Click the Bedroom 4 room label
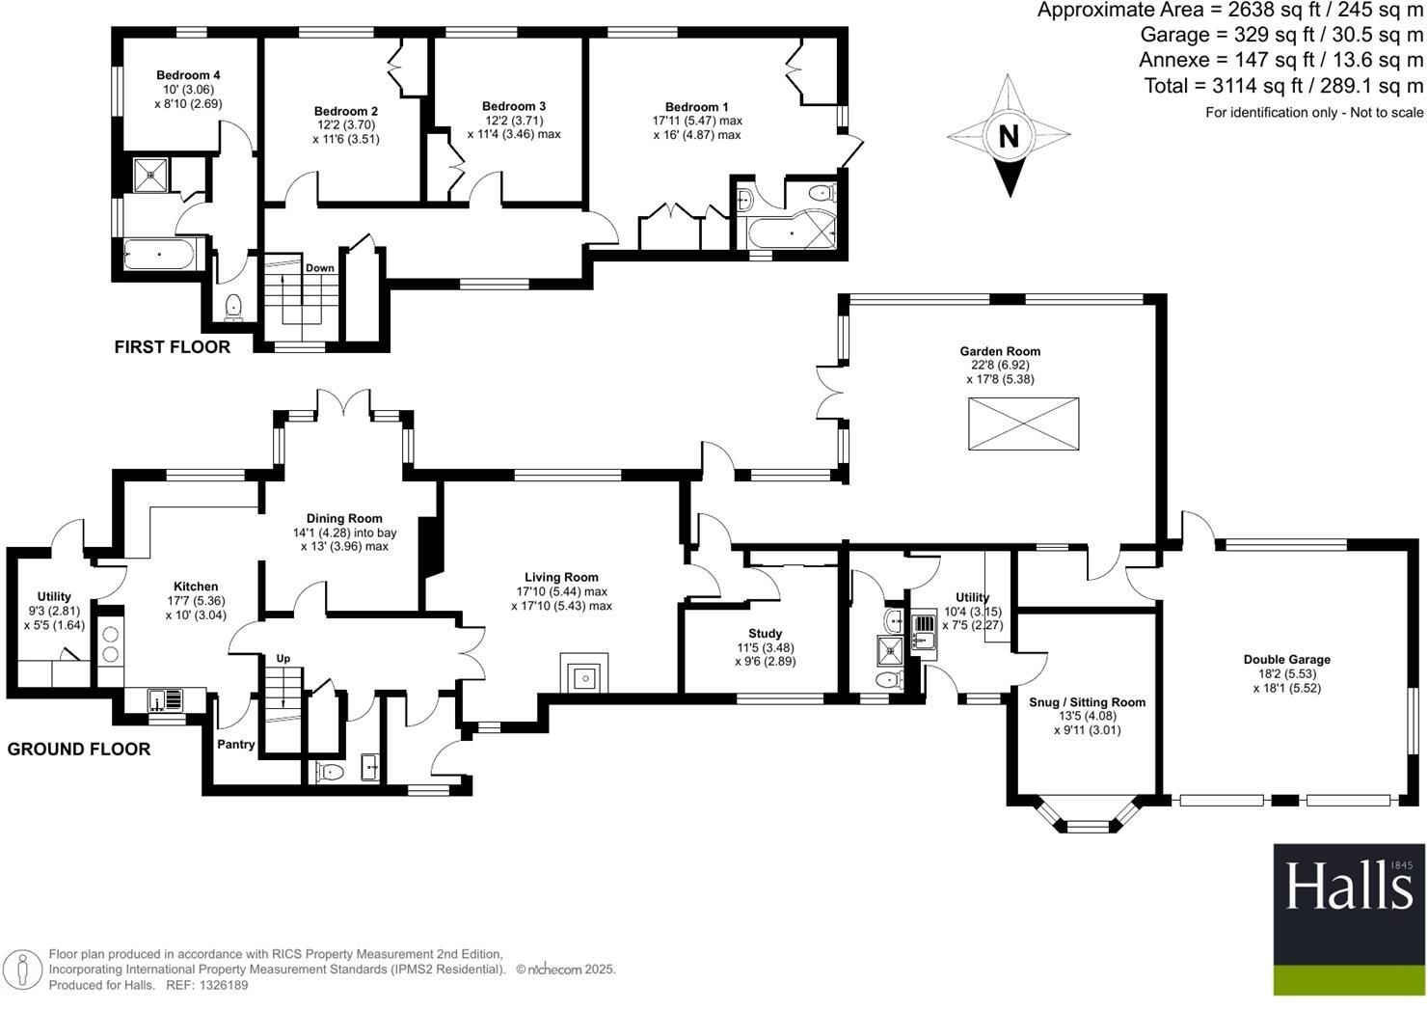click(x=189, y=75)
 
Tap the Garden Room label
click(x=999, y=351)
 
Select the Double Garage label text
click(x=1286, y=660)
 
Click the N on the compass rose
click(x=1009, y=136)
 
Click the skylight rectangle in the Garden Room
click(x=1023, y=424)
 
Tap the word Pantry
click(x=235, y=744)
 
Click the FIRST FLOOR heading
click(x=173, y=347)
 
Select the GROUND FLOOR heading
click(x=79, y=750)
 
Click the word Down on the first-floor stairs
click(x=319, y=268)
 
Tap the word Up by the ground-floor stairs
click(x=283, y=659)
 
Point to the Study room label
click(x=765, y=634)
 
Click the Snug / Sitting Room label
click(x=1088, y=702)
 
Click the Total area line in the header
click(x=1283, y=86)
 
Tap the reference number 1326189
click(x=222, y=985)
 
